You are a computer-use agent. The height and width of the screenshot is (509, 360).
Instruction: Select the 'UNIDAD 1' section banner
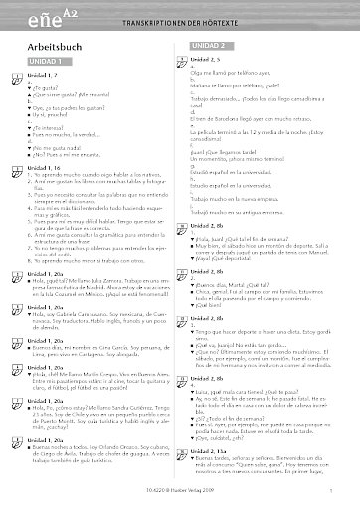click(x=42, y=63)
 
